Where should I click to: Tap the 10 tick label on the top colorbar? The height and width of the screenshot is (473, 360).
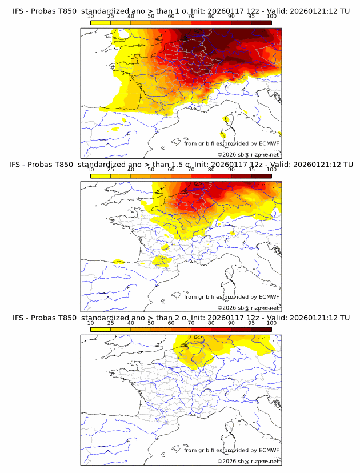[91, 17]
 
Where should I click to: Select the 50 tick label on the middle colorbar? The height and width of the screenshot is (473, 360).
[151, 170]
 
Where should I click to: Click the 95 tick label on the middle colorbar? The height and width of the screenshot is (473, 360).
[251, 170]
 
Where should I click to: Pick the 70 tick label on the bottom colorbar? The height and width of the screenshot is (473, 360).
[191, 323]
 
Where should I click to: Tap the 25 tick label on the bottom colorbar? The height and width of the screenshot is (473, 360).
[111, 323]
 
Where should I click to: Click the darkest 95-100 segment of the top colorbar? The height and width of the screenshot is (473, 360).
[261, 22]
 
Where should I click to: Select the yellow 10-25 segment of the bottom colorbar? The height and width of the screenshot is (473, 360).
[101, 329]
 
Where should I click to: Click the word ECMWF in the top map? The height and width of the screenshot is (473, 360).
[269, 143]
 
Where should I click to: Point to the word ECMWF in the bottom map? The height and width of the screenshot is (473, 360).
[269, 450]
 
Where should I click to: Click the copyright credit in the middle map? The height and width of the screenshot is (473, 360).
[248, 308]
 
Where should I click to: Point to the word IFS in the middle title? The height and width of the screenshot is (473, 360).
[16, 165]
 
